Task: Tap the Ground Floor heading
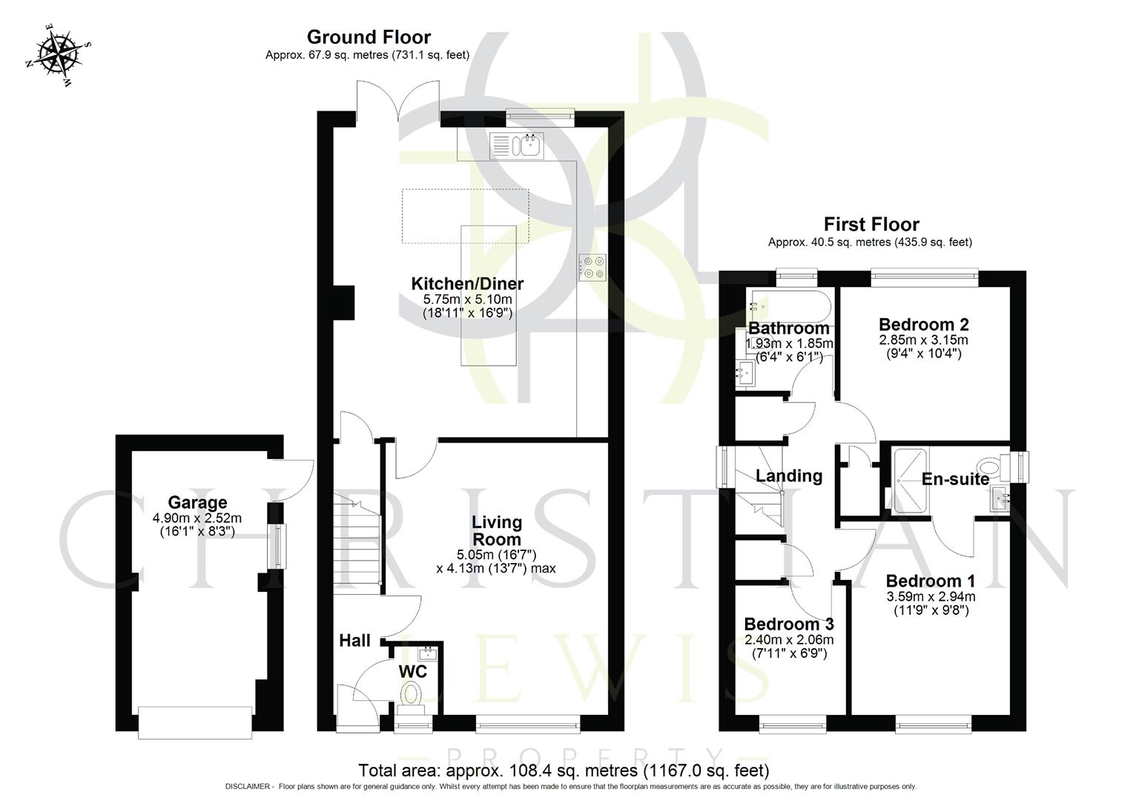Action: (x=368, y=37)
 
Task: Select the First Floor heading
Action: (x=871, y=225)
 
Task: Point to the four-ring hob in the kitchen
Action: (x=593, y=268)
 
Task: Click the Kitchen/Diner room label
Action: (x=467, y=283)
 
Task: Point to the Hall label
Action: (x=354, y=641)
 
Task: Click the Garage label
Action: (x=197, y=503)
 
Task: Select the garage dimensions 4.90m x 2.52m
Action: (x=197, y=518)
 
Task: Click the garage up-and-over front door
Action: (x=197, y=722)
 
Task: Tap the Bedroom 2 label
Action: (x=923, y=325)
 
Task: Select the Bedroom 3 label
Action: (x=789, y=624)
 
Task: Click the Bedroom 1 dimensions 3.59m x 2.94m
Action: (x=931, y=596)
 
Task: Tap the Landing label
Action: (x=789, y=476)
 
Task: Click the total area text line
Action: (x=564, y=771)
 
